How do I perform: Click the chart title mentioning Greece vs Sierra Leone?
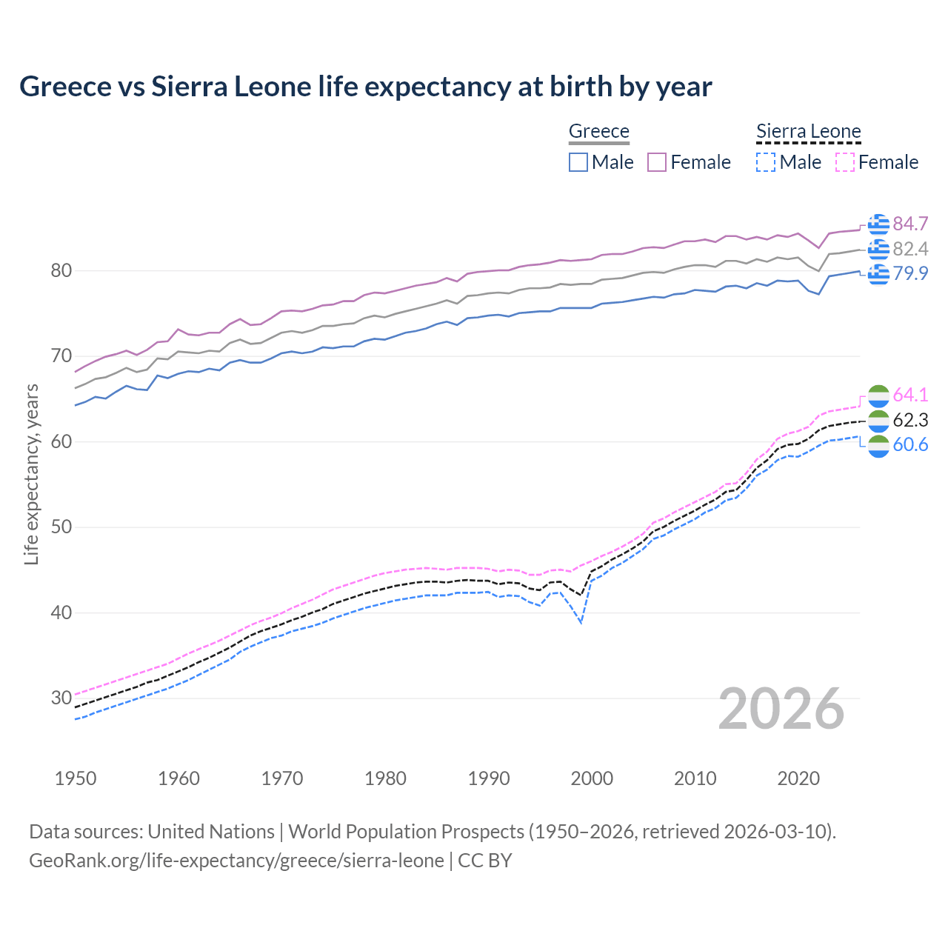point(365,87)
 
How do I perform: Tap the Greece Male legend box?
point(578,162)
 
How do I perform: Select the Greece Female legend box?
point(657,162)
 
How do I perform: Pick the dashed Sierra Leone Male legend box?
point(766,162)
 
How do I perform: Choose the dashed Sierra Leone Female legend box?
point(845,162)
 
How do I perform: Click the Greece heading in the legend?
point(598,131)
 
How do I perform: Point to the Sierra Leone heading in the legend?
point(808,131)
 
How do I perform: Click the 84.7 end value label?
point(910,224)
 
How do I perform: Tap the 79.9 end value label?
point(910,273)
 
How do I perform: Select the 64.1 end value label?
point(910,395)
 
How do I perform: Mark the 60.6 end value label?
point(910,445)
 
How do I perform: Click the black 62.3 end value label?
point(910,421)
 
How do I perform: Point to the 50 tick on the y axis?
point(61,527)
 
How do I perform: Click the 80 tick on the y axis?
point(61,271)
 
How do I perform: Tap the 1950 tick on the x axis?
point(76,778)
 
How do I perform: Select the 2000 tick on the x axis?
point(592,778)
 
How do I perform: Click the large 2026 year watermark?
point(781,709)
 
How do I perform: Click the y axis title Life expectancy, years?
point(31,474)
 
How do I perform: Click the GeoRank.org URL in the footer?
point(236,861)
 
